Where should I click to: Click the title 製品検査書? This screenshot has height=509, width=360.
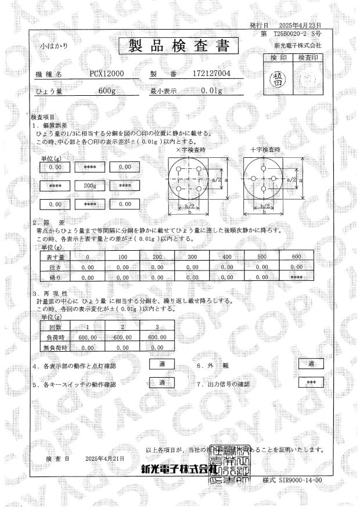[x=179, y=46]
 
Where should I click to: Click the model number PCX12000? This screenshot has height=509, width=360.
[x=107, y=74]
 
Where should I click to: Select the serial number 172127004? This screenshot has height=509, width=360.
[x=211, y=74]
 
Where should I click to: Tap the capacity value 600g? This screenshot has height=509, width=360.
[x=107, y=91]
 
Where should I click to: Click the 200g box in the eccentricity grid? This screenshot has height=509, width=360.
[x=89, y=186]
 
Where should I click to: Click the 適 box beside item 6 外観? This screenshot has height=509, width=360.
[x=311, y=364]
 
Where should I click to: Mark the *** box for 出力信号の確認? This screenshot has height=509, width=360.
[x=311, y=383]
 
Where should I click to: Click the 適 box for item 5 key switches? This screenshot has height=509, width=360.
[x=162, y=382]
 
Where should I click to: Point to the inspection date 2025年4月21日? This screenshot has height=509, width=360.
[x=105, y=459]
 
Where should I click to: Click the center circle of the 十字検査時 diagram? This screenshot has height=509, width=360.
[x=264, y=180]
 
